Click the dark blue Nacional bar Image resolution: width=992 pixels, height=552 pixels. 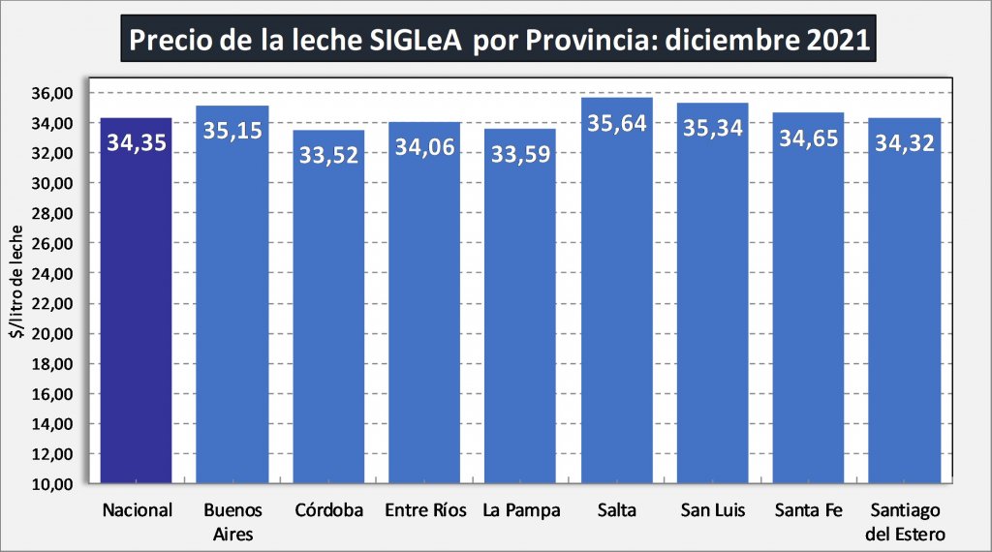tap(137, 310)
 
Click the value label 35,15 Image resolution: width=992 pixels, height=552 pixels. tap(232, 130)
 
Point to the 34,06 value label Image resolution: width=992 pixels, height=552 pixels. tap(424, 147)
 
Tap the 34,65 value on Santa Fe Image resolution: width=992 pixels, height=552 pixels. tap(809, 138)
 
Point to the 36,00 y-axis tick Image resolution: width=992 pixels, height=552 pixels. tap(53, 93)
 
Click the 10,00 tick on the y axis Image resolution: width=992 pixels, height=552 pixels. tap(53, 484)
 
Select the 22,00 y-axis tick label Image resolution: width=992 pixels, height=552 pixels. tap(53, 303)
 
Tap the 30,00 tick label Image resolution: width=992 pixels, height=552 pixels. tap(53, 183)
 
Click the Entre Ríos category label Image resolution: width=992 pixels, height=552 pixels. tap(424, 509)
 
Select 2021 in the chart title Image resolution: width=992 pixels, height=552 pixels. tap(839, 42)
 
